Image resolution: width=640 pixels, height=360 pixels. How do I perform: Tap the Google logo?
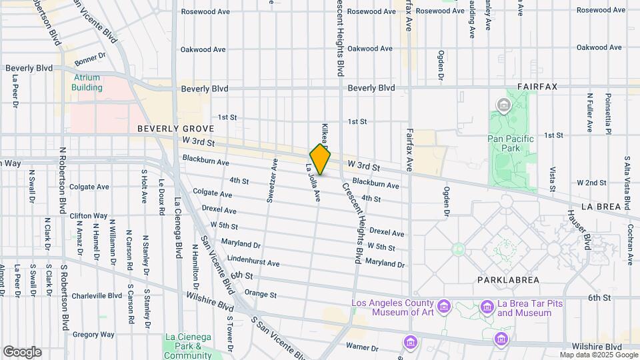22,352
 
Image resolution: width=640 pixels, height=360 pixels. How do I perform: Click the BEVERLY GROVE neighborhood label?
175,129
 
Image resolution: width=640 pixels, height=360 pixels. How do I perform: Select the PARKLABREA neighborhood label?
507,280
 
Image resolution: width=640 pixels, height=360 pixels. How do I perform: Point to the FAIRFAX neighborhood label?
541,87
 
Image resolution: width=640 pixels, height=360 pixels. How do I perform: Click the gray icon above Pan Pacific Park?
503,105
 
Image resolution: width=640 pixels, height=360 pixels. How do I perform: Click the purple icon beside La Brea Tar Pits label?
487,307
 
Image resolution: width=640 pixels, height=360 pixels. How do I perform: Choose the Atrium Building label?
87,82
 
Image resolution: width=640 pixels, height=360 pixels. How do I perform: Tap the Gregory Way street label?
90,334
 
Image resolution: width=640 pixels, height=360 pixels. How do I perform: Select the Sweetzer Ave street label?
271,180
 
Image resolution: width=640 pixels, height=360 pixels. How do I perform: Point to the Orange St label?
260,293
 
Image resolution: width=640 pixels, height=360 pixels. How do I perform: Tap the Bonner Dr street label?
90,60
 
